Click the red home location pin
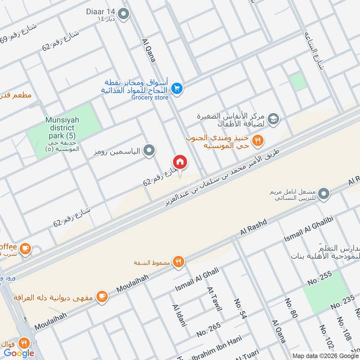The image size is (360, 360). pyautogui.click(x=180, y=162)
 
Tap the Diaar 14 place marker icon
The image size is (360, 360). pyautogui.click(x=124, y=15)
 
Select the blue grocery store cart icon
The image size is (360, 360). pyautogui.click(x=177, y=89)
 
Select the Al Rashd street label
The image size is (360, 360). pyautogui.click(x=254, y=226)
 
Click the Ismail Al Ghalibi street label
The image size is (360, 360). pyautogui.click(x=309, y=234)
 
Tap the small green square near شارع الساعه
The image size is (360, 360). pyautogui.click(x=297, y=81)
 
